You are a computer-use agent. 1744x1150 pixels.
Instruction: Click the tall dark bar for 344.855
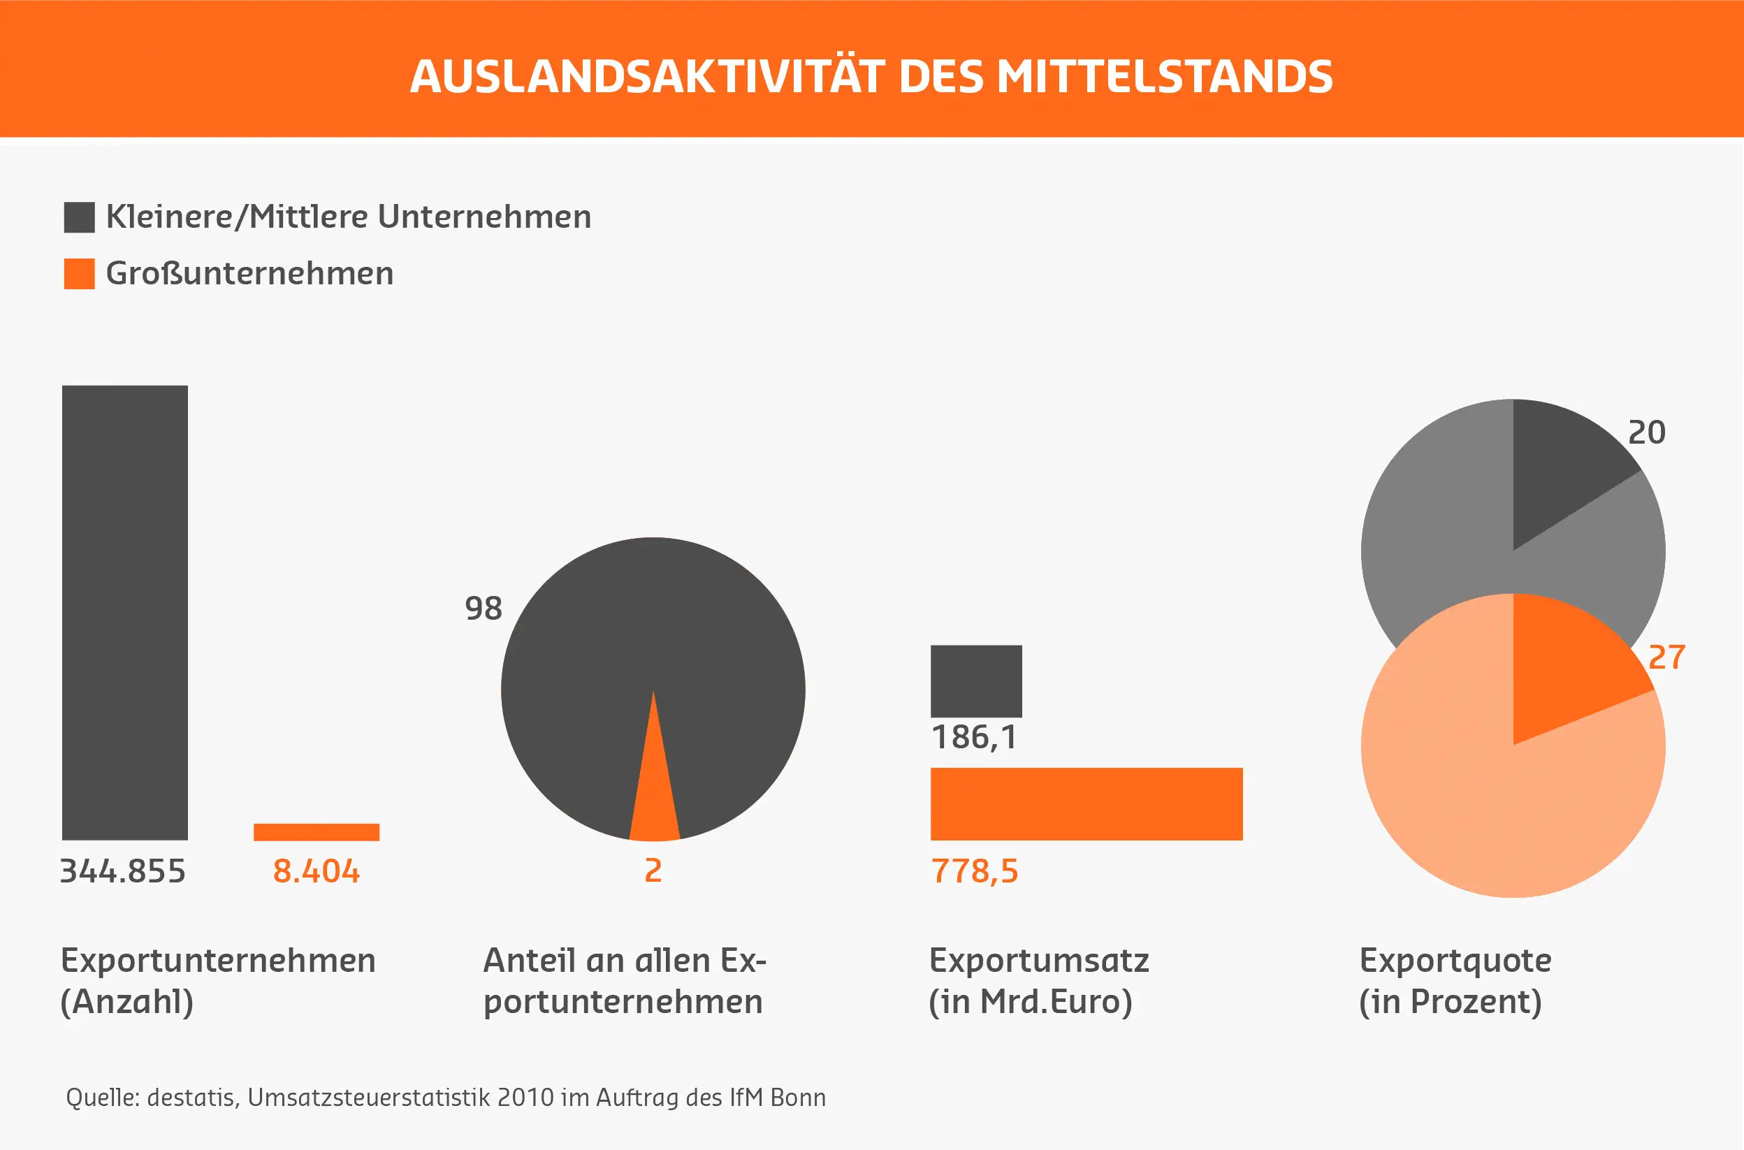[124, 613]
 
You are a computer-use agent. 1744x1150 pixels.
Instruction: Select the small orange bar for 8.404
[316, 831]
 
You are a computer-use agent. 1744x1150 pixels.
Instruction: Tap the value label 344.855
[122, 871]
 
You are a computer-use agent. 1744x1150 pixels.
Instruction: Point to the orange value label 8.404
[316, 871]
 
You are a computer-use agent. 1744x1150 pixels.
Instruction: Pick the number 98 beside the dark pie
[484, 608]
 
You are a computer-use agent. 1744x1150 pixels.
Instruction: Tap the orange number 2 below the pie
[653, 871]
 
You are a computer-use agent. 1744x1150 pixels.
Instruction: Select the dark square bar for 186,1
[975, 680]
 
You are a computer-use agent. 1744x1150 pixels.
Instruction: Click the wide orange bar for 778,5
[1085, 804]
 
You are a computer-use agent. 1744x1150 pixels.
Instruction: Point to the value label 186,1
[974, 737]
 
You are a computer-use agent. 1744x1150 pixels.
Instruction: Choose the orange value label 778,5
[974, 871]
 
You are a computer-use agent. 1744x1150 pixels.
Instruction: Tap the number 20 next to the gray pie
[1646, 432]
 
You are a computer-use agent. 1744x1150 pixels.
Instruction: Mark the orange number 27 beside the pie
[1666, 657]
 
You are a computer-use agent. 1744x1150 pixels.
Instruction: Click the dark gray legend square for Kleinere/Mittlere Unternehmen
[79, 217]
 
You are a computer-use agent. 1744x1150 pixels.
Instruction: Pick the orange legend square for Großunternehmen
[79, 274]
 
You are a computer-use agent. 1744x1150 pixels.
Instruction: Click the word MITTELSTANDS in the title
[1164, 76]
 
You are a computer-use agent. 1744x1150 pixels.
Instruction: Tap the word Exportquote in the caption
[1455, 960]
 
